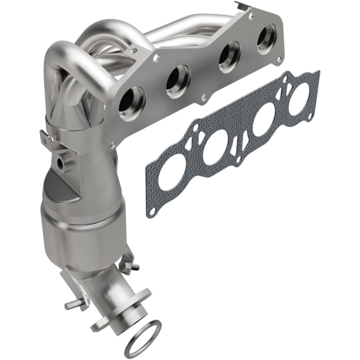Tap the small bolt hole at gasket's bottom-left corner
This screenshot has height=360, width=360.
click(x=154, y=210)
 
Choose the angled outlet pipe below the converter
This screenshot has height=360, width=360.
click(x=108, y=292)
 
